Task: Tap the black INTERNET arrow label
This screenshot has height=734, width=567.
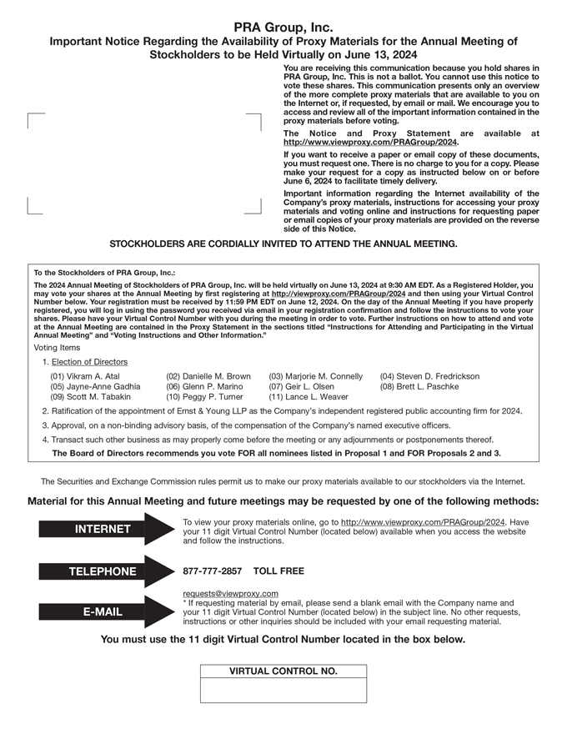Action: point(102,529)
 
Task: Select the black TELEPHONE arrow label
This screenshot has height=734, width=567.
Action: point(102,571)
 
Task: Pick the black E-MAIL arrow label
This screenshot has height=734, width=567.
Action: point(102,611)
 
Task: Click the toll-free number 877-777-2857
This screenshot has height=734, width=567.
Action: point(212,571)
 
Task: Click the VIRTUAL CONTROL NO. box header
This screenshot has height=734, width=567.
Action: point(283,671)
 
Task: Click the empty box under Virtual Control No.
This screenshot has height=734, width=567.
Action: point(283,690)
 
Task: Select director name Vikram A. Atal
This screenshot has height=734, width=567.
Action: point(85,376)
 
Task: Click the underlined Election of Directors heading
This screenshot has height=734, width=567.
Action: point(89,362)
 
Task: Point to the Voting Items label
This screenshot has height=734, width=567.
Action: point(58,347)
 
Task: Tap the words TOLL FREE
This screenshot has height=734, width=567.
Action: point(278,571)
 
